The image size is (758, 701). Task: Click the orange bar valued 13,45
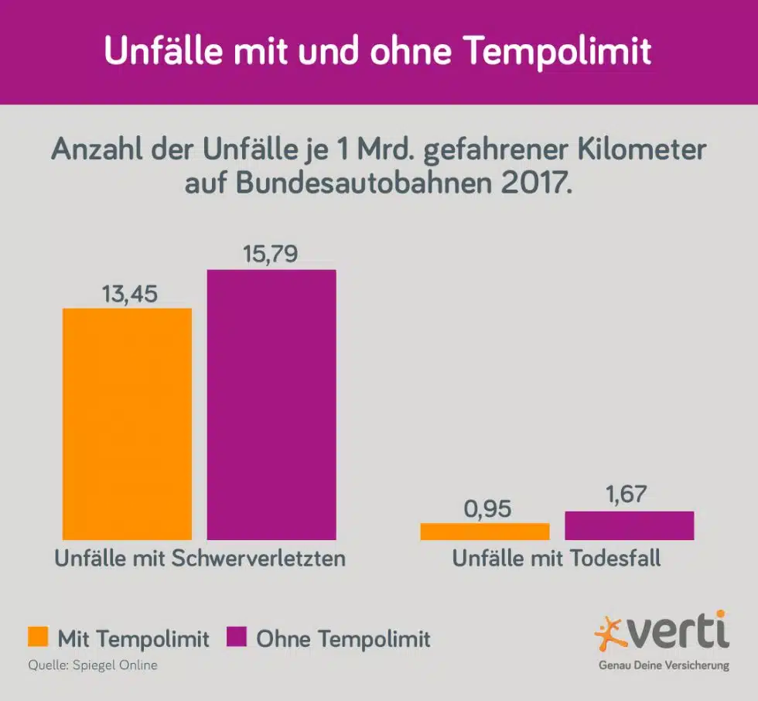click(127, 423)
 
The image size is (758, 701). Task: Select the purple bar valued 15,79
click(271, 404)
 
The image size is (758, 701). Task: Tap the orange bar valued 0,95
click(485, 532)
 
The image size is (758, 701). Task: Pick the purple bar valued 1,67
click(630, 525)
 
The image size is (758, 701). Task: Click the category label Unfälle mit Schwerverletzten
click(200, 559)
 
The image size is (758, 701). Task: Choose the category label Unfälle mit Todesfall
click(557, 559)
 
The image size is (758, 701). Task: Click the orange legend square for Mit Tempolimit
click(38, 638)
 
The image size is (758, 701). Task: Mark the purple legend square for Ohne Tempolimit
click(237, 638)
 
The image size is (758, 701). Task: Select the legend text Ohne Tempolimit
click(343, 639)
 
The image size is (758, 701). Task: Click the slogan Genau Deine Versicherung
click(664, 665)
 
